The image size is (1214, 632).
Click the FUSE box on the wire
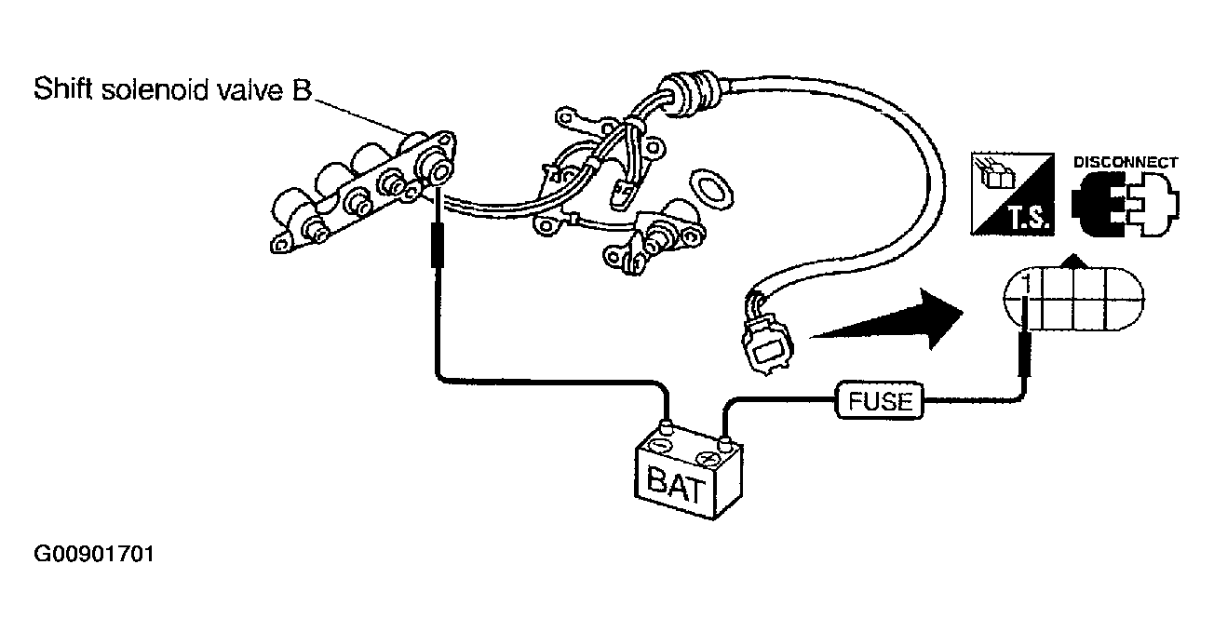(879, 400)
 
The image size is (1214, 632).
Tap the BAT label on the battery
(676, 485)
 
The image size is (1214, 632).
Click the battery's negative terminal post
(666, 427)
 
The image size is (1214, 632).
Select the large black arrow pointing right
(886, 320)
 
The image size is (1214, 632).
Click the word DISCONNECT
(1126, 162)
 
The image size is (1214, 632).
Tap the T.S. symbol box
(1012, 194)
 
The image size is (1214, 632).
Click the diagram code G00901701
(94, 554)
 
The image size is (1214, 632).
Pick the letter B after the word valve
(302, 89)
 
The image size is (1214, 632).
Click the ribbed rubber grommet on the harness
(690, 94)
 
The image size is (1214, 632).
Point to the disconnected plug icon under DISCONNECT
(1126, 205)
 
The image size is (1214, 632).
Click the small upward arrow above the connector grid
(1074, 262)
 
